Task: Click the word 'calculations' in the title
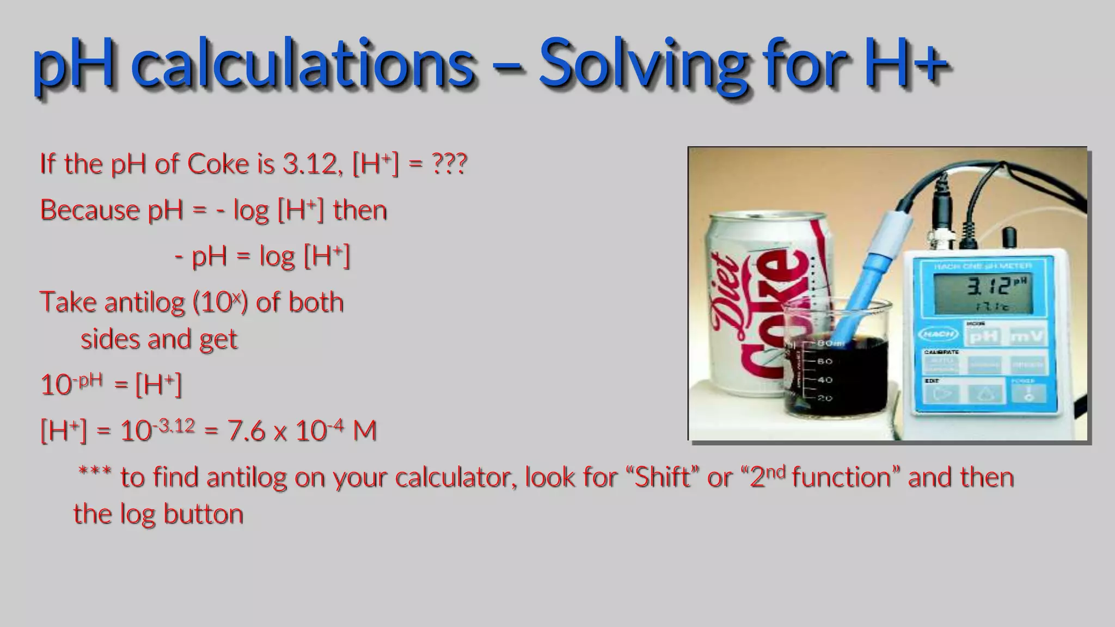302,64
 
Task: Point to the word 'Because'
89,210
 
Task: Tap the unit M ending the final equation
365,431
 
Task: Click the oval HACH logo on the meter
938,334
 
